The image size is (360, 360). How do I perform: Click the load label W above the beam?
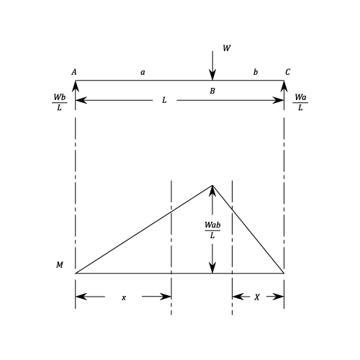point(227,48)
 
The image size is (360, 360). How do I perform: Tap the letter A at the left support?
point(74,72)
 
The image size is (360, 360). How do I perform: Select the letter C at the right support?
point(287,72)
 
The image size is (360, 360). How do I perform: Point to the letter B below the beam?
point(212,91)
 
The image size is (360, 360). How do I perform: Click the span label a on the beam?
point(143,72)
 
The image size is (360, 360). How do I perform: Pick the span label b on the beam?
point(256,72)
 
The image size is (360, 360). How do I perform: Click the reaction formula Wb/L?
point(59,102)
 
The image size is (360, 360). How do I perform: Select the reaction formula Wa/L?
point(300,102)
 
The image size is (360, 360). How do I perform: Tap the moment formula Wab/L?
point(212,230)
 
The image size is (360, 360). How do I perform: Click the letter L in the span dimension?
point(164,100)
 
